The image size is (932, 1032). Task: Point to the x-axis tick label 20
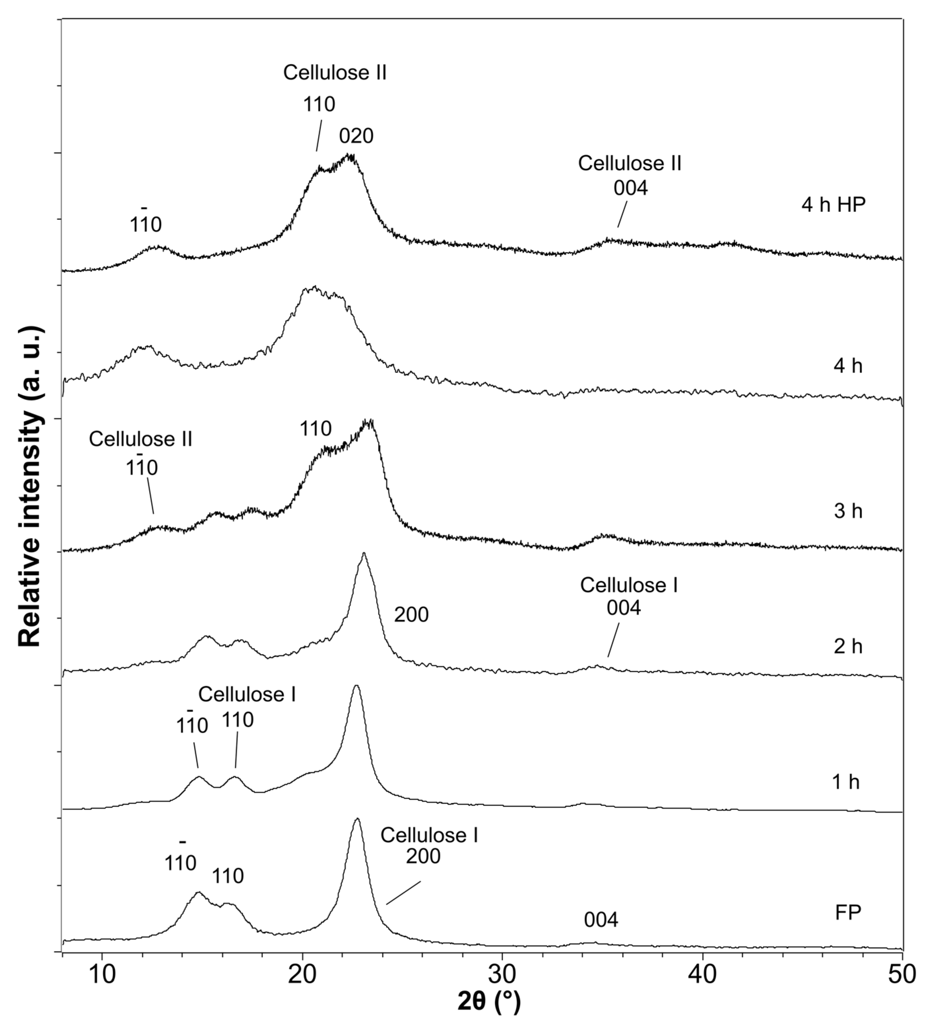(x=302, y=975)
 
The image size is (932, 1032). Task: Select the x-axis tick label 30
(x=502, y=975)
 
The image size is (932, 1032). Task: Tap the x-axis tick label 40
(x=702, y=975)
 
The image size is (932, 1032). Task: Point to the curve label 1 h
(x=846, y=782)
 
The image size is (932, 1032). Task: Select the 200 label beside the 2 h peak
(x=411, y=615)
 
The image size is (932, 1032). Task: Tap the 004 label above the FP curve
(x=601, y=920)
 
